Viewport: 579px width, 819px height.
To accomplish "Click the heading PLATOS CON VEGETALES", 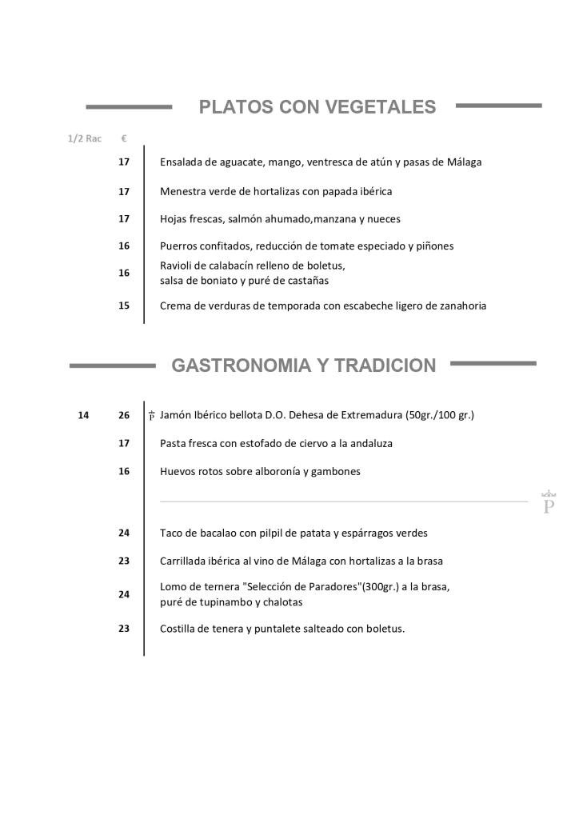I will pyautogui.click(x=317, y=107).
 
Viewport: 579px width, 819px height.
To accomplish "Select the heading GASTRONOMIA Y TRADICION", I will pyautogui.click(x=304, y=366).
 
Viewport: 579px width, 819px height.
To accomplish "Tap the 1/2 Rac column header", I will pyautogui.click(x=85, y=138).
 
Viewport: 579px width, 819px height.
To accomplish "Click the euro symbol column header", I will pyautogui.click(x=124, y=138).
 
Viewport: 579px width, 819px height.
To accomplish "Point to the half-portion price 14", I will pyautogui.click(x=84, y=415).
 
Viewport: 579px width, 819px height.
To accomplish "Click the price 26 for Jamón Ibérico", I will pyautogui.click(x=124, y=415).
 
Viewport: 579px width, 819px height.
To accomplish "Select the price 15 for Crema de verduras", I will pyautogui.click(x=124, y=306).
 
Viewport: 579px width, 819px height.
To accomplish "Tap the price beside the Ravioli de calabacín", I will pyautogui.click(x=124, y=273).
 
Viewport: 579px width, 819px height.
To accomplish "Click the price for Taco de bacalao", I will pyautogui.click(x=124, y=533).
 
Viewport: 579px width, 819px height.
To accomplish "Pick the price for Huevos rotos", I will pyautogui.click(x=124, y=471).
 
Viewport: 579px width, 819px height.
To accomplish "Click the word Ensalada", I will pyautogui.click(x=180, y=162).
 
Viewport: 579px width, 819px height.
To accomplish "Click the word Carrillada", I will pyautogui.click(x=184, y=561).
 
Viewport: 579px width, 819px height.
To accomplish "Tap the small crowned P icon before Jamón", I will pyautogui.click(x=151, y=415).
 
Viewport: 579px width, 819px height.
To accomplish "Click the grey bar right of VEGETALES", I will pyautogui.click(x=498, y=105).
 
